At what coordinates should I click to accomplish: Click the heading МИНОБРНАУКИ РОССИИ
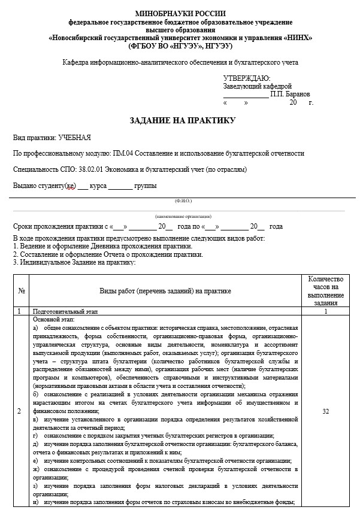[180, 13]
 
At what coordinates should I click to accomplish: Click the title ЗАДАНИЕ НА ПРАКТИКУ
[183, 120]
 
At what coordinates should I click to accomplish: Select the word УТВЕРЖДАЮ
[246, 78]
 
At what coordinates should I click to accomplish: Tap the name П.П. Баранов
[290, 95]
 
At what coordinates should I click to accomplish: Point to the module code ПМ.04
[126, 153]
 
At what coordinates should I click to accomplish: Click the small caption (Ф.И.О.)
[183, 201]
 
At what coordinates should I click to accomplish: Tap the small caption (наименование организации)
[183, 216]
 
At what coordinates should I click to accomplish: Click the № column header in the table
[22, 291]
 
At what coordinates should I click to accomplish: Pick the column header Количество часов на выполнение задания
[325, 291]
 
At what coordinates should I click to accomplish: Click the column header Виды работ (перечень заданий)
[165, 291]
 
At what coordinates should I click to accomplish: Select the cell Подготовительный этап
[65, 312]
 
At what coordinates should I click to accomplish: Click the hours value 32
[325, 412]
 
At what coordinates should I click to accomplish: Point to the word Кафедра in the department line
[76, 62]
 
